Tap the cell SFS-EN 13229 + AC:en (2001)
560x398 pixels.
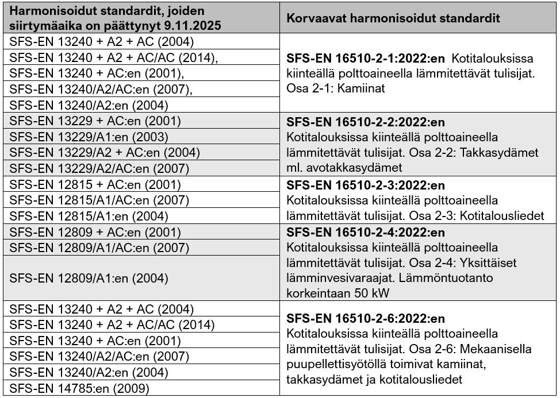95,121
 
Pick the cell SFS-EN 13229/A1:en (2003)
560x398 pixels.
89,137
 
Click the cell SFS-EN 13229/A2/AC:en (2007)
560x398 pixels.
99,168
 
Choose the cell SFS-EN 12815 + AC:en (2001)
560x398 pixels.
95,184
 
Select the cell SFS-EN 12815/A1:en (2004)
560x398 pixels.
89,216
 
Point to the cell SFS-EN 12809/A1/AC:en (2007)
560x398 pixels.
99,248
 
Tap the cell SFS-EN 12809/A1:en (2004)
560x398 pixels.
89,279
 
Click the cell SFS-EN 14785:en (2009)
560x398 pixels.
79,389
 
